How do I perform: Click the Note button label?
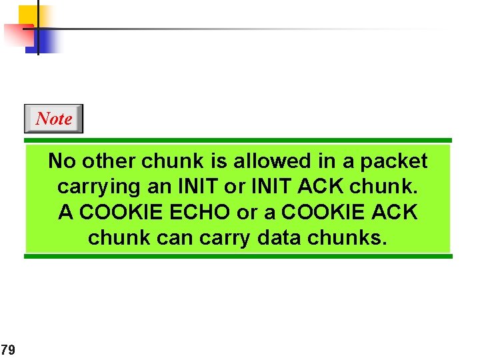coord(53,119)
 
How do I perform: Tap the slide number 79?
coord(8,349)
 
